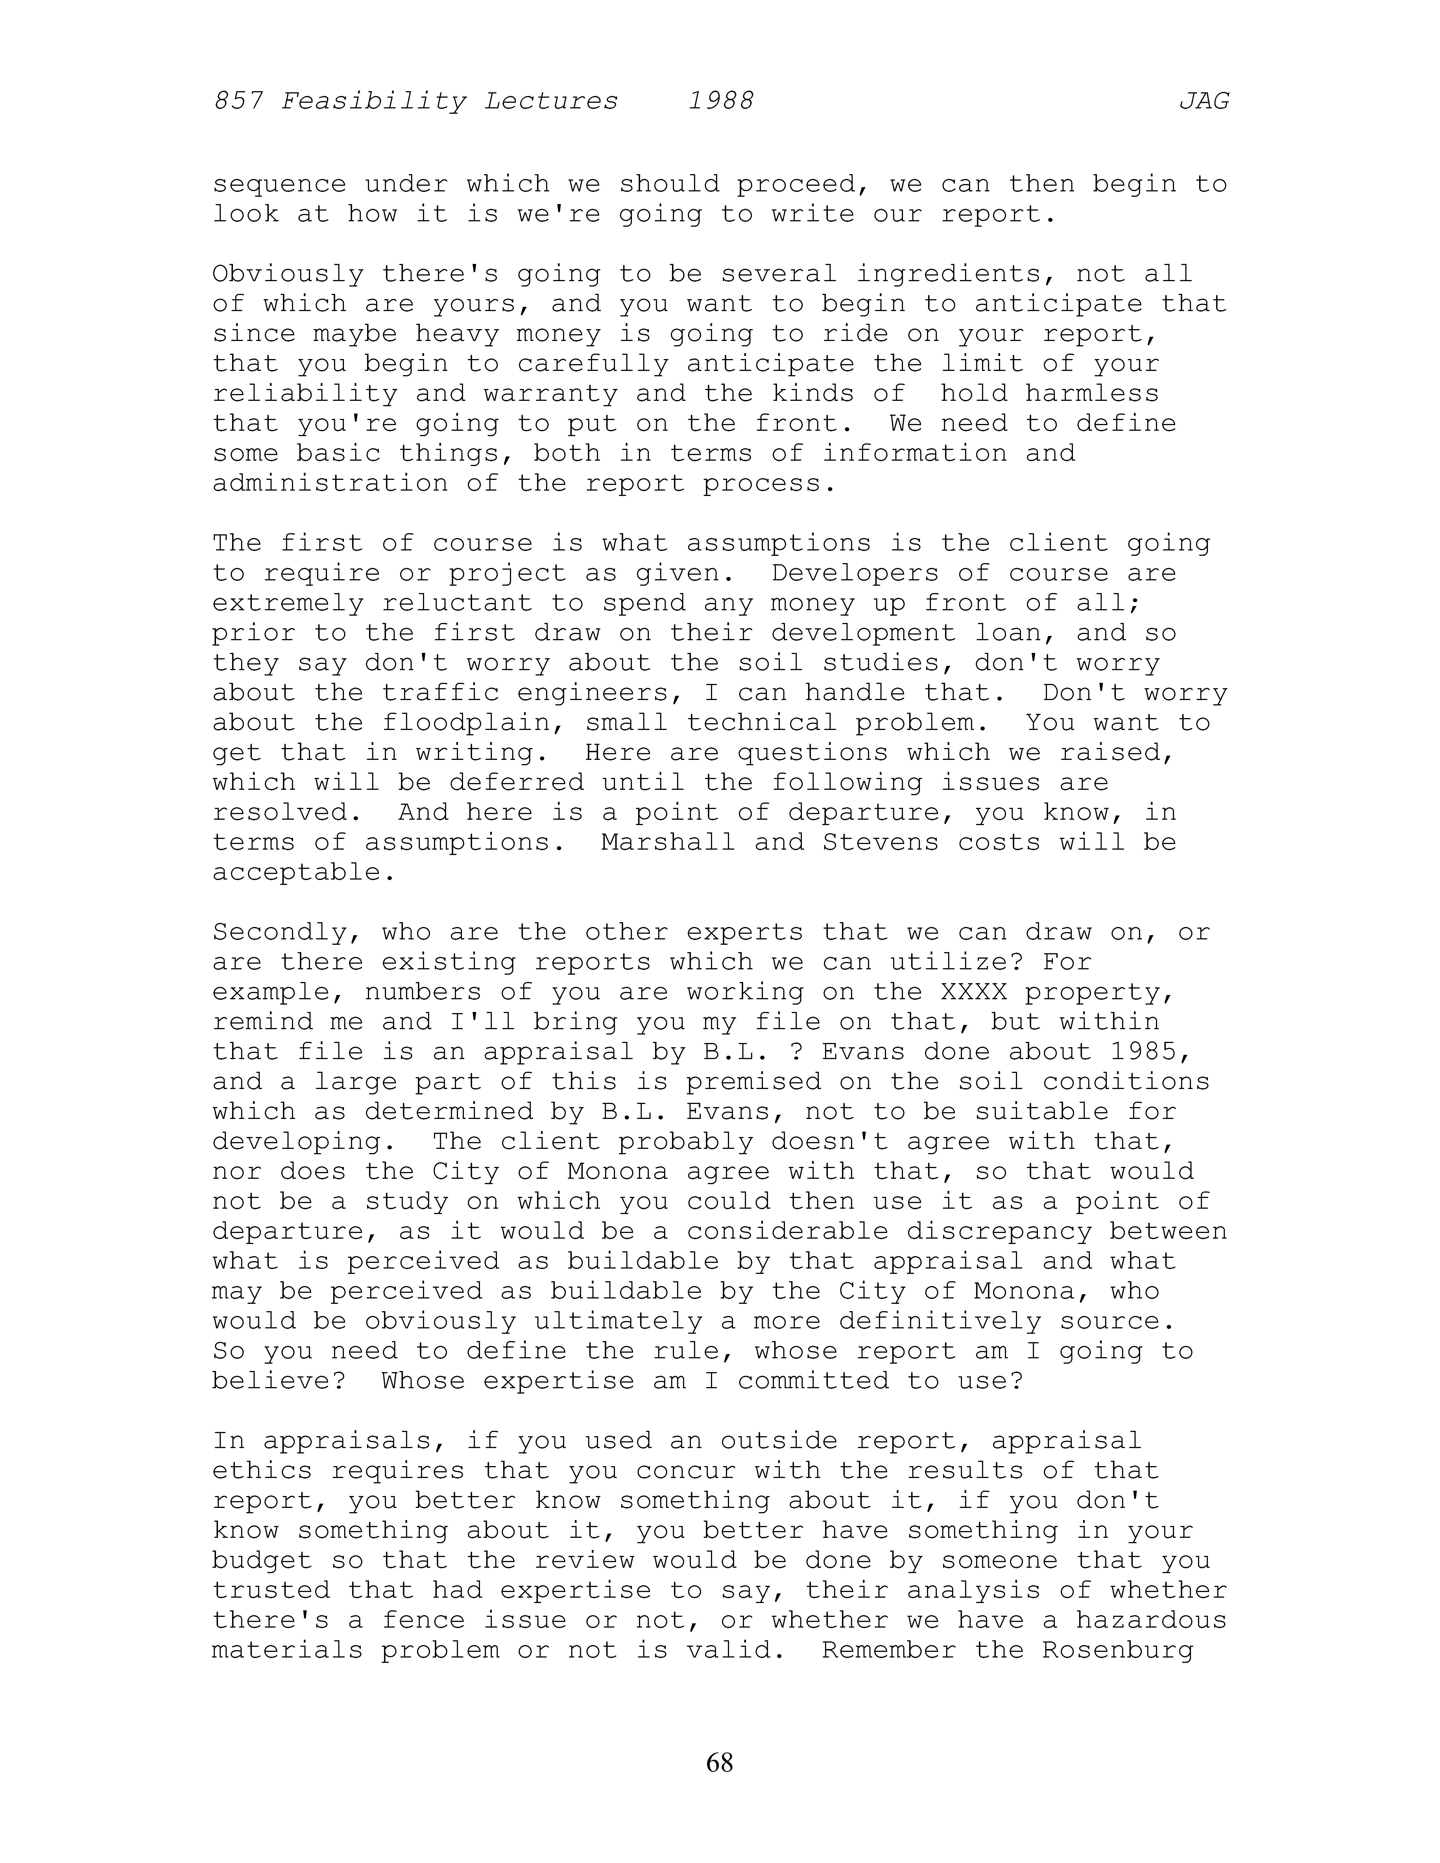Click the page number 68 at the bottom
719,1762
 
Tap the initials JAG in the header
1204,102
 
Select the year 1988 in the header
721,102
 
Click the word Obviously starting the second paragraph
287,275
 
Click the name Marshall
668,843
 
